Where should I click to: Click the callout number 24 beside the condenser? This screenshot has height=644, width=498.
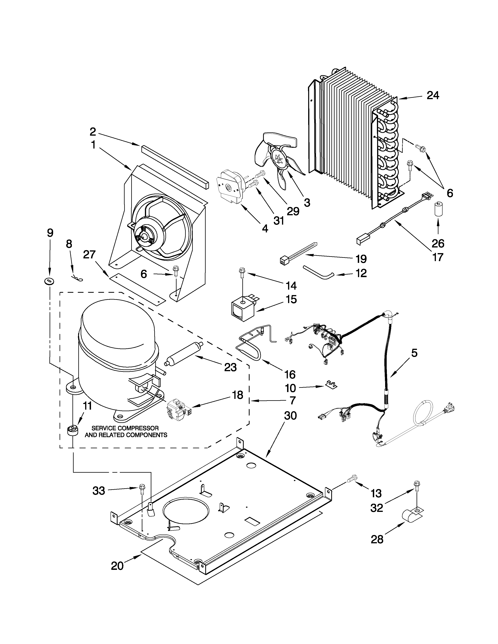click(433, 95)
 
